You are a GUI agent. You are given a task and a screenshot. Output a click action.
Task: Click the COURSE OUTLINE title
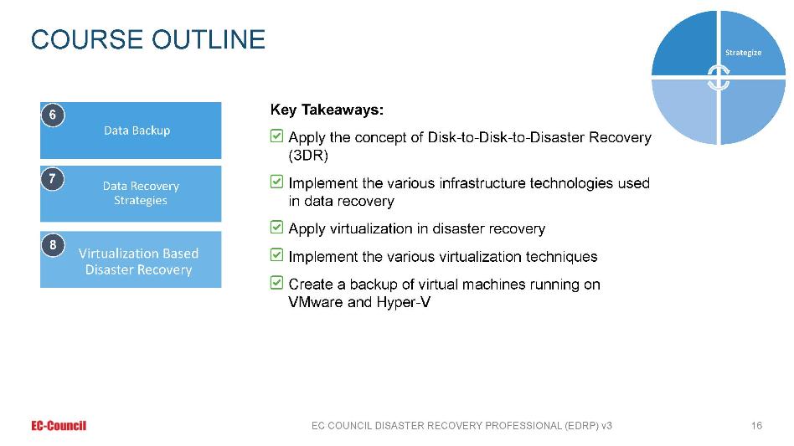[148, 39]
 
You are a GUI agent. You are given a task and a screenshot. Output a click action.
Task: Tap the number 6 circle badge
[53, 115]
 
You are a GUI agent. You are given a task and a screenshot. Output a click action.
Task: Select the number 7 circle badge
[53, 179]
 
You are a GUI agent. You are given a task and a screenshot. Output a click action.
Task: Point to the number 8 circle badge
[53, 245]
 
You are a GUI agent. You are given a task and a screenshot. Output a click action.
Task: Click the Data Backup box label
[137, 131]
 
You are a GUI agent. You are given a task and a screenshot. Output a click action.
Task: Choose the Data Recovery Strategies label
[141, 193]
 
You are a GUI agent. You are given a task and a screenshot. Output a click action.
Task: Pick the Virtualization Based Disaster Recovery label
[138, 261]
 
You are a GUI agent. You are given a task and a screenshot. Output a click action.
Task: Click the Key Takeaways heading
[327, 110]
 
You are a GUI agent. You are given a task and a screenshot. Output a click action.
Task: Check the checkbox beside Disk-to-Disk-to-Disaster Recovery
[276, 136]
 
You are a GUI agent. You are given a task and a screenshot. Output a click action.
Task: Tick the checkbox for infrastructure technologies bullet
[276, 181]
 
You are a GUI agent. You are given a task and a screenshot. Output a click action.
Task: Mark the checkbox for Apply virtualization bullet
[276, 227]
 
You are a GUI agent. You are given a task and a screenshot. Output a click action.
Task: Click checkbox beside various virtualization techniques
[276, 254]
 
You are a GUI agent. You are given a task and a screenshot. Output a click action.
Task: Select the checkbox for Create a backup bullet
[276, 282]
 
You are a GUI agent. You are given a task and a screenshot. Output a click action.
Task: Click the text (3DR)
[308, 156]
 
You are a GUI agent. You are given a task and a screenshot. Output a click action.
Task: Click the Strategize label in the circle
[743, 53]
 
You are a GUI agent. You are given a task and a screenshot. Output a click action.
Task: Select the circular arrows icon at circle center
[718, 78]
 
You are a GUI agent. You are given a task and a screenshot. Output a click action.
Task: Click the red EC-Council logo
[59, 426]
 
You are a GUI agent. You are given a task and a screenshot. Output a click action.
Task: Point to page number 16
[756, 426]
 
